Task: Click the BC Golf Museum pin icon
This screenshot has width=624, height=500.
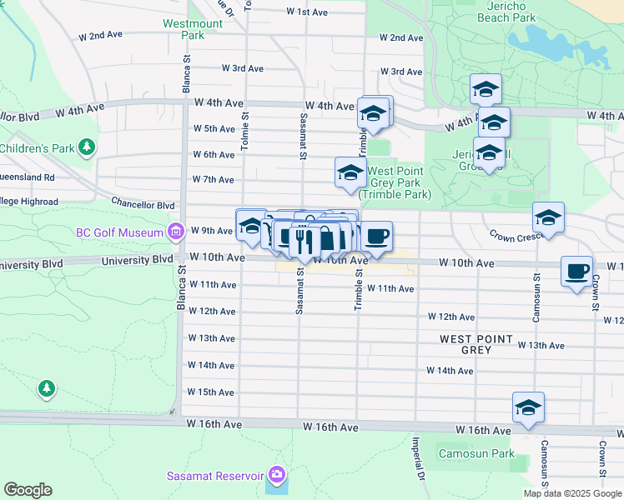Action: pos(175,231)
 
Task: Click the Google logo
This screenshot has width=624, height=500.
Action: pos(28,490)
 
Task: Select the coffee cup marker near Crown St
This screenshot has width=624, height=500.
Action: pos(576,272)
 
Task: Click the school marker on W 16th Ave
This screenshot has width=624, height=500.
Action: pos(528,407)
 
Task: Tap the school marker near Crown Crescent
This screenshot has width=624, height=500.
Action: pos(548,218)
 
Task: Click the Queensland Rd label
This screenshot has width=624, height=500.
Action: pos(28,177)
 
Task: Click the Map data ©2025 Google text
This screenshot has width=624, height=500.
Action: pos(572,493)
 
